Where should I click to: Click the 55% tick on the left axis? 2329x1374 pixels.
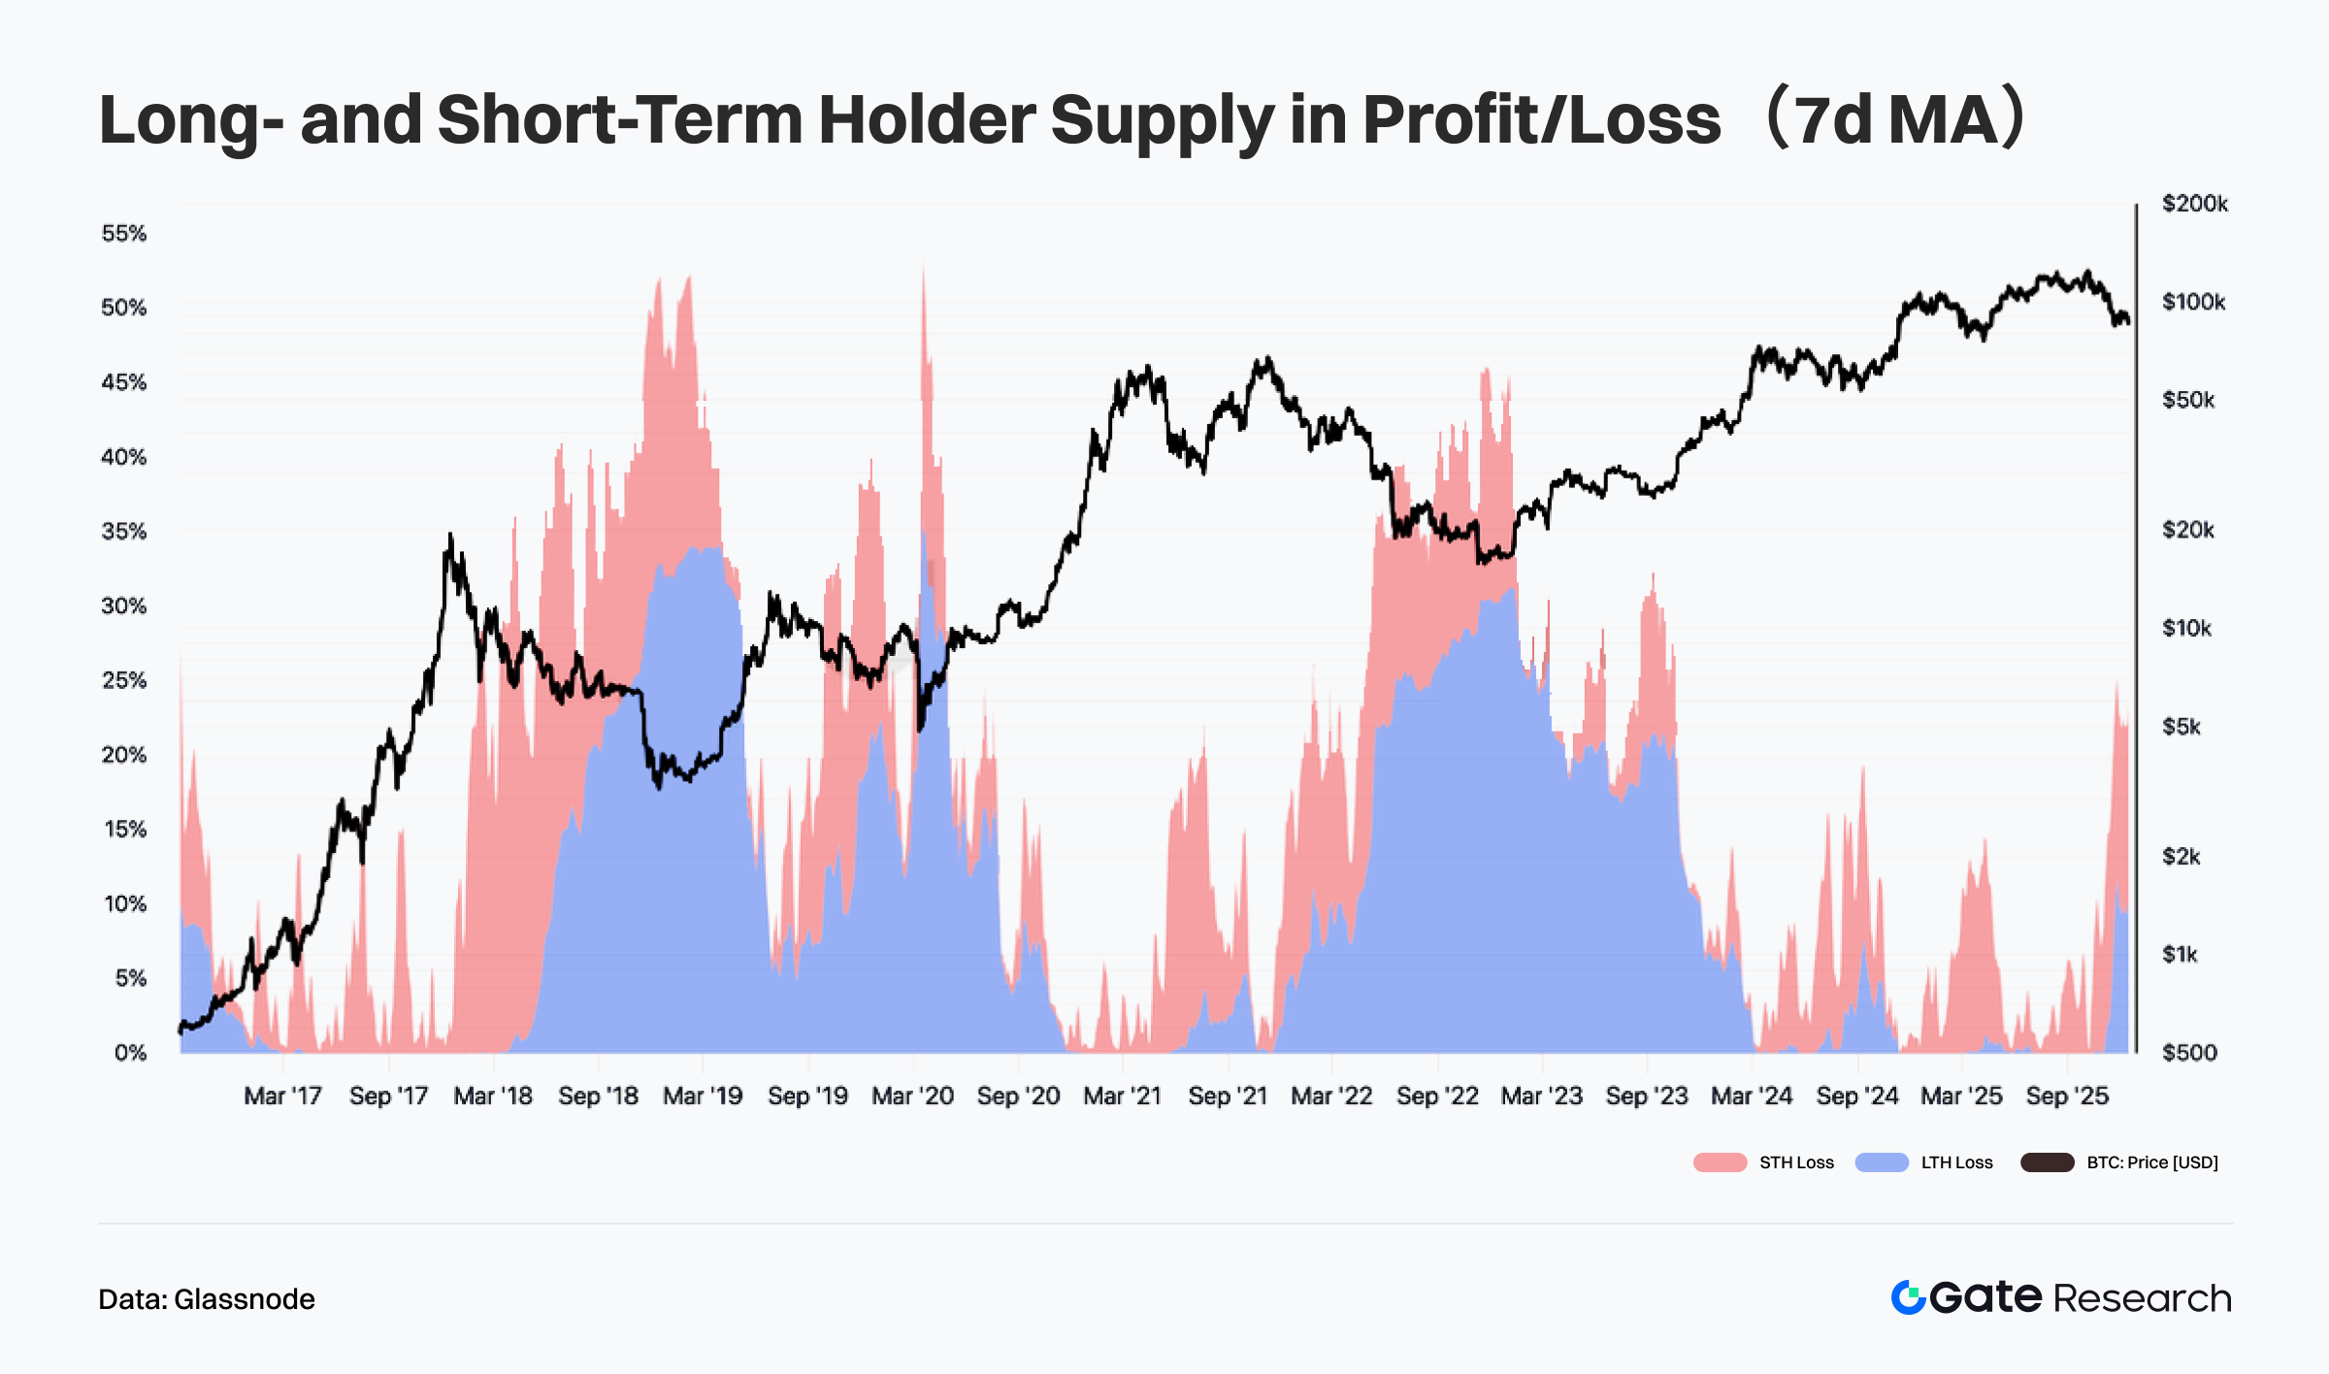(123, 233)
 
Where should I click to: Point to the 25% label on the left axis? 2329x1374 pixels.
(123, 680)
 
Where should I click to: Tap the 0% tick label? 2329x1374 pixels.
(129, 1053)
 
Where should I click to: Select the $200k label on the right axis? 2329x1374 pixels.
(2194, 204)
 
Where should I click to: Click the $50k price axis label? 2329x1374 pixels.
(2188, 400)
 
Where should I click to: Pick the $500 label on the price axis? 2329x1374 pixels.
(2189, 1053)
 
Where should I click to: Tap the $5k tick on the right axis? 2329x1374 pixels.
(2181, 727)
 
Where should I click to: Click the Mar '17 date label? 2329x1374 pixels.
(282, 1096)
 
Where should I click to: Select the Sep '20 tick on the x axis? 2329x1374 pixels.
(1018, 1096)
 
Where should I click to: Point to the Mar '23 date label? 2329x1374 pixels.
(1541, 1096)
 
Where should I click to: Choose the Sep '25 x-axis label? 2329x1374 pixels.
(2067, 1096)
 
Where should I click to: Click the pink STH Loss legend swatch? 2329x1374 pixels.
(1720, 1162)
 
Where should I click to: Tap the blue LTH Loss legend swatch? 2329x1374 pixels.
(1882, 1162)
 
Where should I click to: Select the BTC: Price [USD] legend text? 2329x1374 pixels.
(2152, 1162)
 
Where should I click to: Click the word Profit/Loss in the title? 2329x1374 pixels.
(1541, 120)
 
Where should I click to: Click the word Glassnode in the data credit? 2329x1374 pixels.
(245, 1299)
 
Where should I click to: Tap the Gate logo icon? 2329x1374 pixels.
(1908, 1298)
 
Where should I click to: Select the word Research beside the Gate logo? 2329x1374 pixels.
(2143, 1298)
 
